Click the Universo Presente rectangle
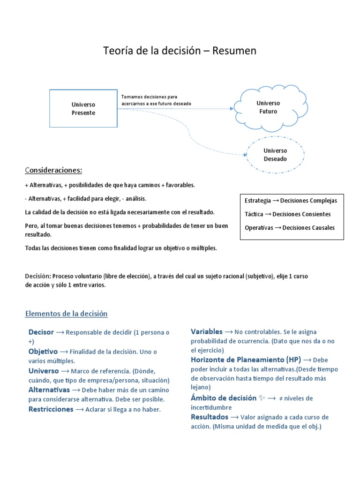click(83, 109)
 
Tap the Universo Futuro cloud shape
click(268, 107)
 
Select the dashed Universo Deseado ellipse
click(275, 155)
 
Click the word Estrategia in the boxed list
click(257, 201)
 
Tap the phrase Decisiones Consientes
click(301, 214)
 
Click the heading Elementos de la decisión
click(66, 314)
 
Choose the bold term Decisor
click(41, 332)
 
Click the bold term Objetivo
click(43, 352)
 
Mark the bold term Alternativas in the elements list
click(49, 390)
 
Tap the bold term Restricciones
click(51, 409)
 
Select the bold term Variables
click(207, 332)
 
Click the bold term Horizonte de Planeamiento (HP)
click(246, 360)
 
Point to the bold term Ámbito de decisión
click(223, 398)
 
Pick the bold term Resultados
click(210, 417)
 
